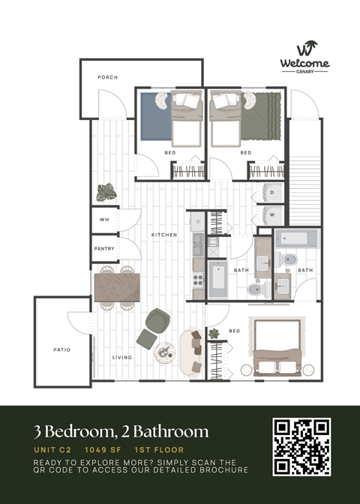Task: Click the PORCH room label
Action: (108, 77)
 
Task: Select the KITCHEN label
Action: (164, 235)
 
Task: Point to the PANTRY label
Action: (103, 248)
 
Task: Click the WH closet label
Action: (104, 220)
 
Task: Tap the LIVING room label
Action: (122, 357)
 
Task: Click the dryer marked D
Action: (272, 192)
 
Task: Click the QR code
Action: (301, 447)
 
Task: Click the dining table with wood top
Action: (117, 285)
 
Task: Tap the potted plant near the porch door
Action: (106, 192)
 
